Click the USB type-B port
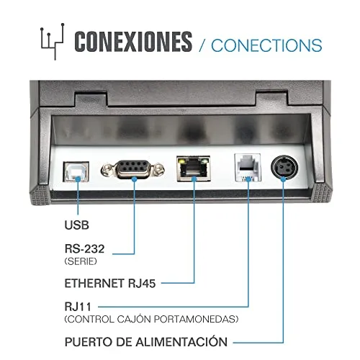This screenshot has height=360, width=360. click(x=76, y=171)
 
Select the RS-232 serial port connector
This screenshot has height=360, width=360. click(x=132, y=169)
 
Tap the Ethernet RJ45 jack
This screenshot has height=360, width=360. click(x=194, y=168)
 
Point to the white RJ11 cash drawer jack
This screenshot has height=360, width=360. click(x=248, y=167)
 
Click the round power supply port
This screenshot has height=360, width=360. click(x=284, y=168)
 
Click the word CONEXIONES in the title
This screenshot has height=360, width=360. click(x=133, y=42)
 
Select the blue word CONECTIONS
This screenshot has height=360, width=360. click(x=266, y=45)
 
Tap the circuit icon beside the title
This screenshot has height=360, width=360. click(x=53, y=41)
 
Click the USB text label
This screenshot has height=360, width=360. click(x=77, y=225)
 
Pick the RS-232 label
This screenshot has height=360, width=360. click(x=84, y=249)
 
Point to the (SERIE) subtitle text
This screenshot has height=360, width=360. click(x=81, y=261)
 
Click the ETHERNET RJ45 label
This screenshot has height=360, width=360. click(x=110, y=284)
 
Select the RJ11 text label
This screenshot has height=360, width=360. click(x=78, y=307)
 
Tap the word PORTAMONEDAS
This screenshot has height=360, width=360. click(x=196, y=319)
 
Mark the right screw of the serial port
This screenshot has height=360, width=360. click(x=158, y=169)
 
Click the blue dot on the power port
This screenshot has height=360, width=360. click(x=283, y=179)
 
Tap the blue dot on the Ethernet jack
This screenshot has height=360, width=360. click(x=194, y=179)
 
